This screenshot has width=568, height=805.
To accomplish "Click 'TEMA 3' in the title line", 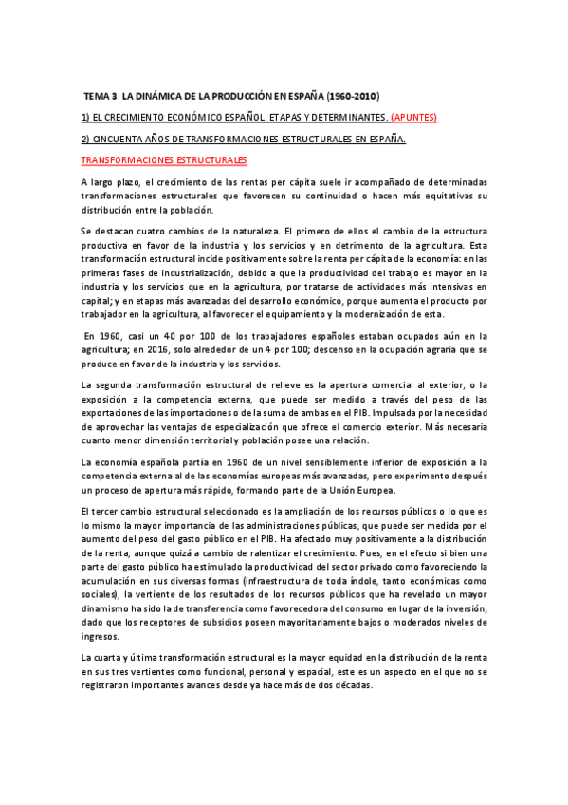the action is [x=100, y=97].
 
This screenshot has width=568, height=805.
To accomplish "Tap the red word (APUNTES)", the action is [x=412, y=118].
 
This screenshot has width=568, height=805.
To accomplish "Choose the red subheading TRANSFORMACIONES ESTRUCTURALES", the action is [x=164, y=160].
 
